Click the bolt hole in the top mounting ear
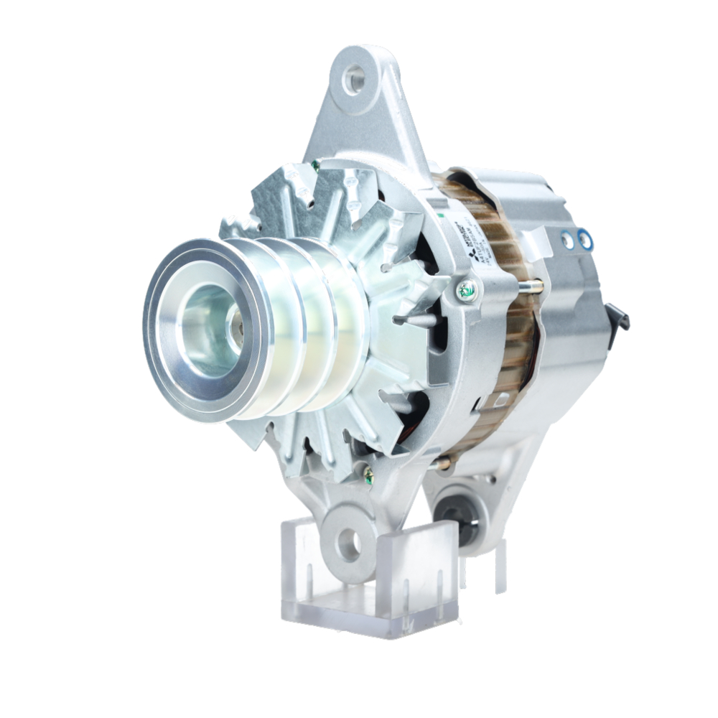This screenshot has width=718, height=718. click(353, 79)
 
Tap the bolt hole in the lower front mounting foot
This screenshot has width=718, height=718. click(349, 543)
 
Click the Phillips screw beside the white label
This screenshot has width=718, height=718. click(467, 291)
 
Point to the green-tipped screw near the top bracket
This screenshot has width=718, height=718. click(315, 166)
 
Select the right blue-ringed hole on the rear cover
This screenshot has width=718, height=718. click(586, 236)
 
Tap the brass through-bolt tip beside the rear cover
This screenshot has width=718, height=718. click(535, 286)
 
